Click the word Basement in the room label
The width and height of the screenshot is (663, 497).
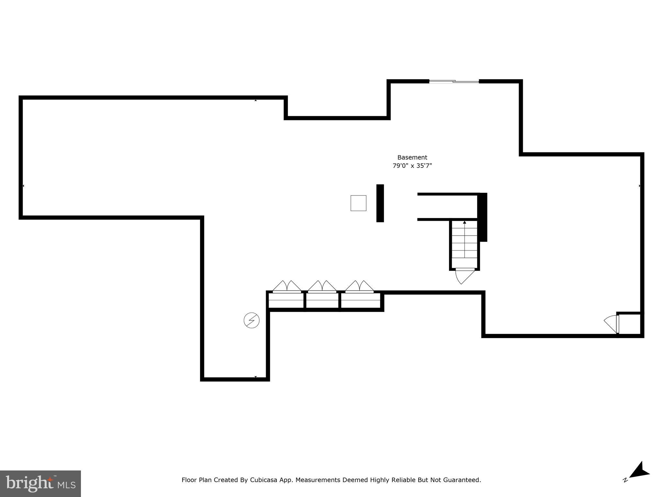tap(412, 158)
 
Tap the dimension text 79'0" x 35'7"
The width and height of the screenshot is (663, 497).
tap(412, 166)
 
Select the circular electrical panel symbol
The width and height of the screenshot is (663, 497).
tap(252, 320)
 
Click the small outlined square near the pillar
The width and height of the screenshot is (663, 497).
tap(358, 203)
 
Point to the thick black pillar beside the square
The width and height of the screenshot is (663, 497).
tap(380, 203)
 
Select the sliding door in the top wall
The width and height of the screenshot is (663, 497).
tap(454, 81)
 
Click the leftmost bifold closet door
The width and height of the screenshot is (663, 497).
tap(287, 286)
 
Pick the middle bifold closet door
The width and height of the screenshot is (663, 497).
tap(322, 286)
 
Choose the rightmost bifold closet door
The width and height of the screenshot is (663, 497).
tap(359, 286)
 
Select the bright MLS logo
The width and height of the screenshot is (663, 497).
tap(40, 484)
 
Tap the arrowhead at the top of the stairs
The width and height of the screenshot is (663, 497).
tap(465, 222)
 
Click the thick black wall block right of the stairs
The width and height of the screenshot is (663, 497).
tap(483, 217)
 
